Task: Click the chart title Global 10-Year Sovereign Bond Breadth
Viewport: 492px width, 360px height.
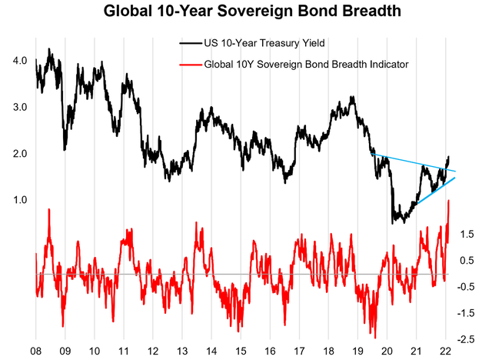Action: pyautogui.click(x=245, y=14)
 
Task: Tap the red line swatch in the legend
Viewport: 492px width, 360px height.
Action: pyautogui.click(x=187, y=65)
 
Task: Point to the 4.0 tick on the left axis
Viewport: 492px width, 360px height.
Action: pyautogui.click(x=19, y=61)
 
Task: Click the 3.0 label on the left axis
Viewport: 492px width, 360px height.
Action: pyautogui.click(x=19, y=107)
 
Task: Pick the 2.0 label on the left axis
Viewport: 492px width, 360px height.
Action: pyautogui.click(x=19, y=154)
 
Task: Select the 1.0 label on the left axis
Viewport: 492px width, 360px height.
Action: pyautogui.click(x=19, y=200)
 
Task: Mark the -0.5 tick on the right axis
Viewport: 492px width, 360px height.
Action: pyautogui.click(x=468, y=287)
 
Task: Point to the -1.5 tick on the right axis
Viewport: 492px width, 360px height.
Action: pyautogui.click(x=468, y=313)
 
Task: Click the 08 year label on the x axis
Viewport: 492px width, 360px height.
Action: pyautogui.click(x=36, y=350)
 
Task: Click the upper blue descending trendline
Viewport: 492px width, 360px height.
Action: pyautogui.click(x=415, y=162)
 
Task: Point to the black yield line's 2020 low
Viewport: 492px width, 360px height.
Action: pyautogui.click(x=394, y=222)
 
